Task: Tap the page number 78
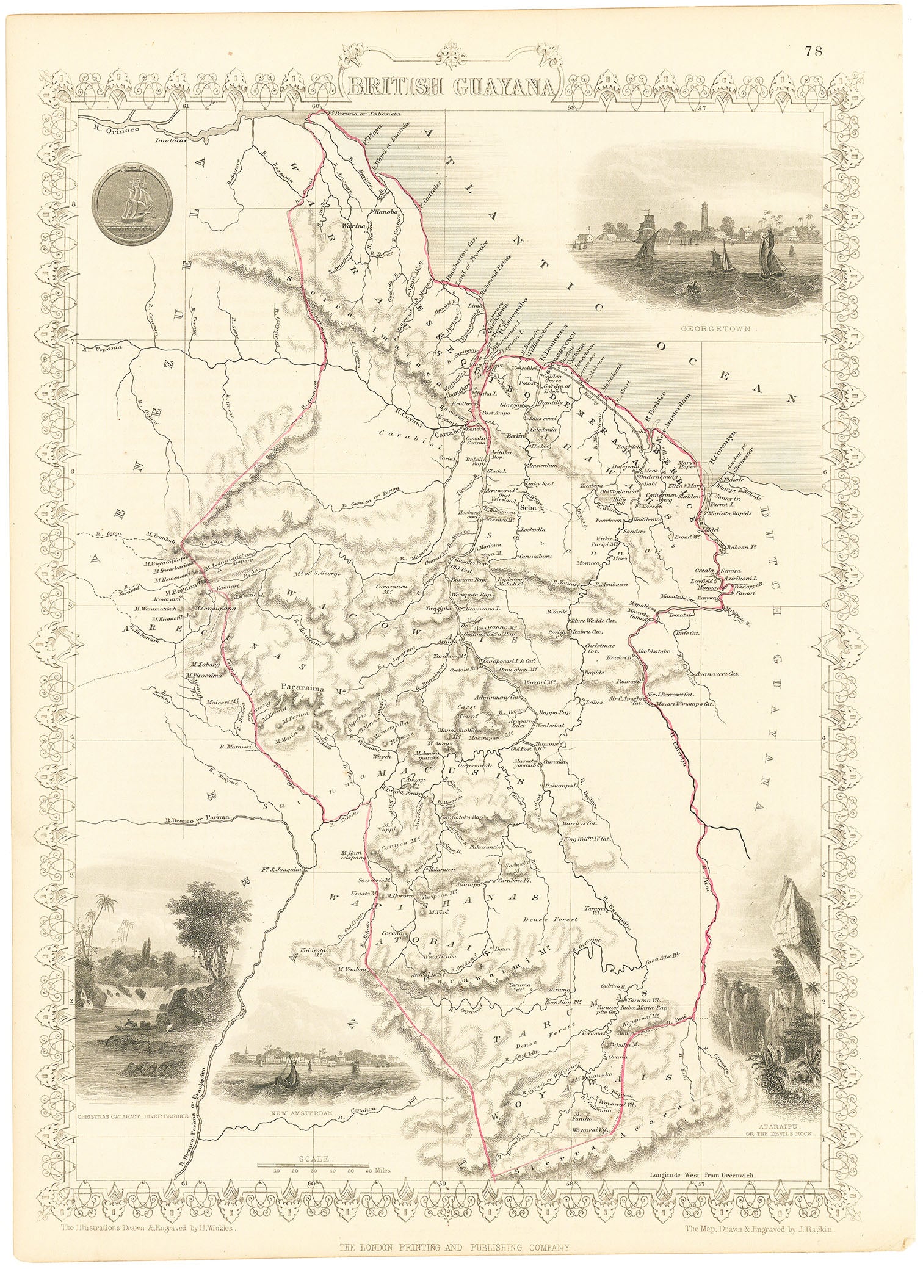pos(813,51)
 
